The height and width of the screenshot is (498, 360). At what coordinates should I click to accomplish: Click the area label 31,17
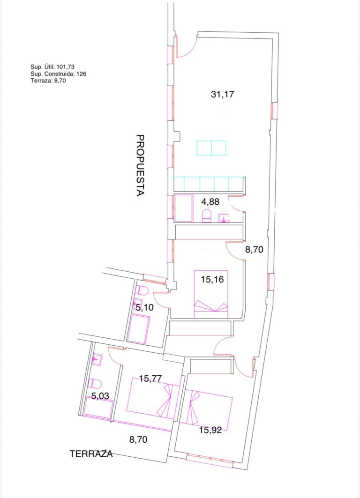(223, 94)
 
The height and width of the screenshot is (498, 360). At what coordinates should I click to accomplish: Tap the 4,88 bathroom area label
(210, 201)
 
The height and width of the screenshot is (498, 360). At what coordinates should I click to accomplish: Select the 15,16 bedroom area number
(212, 280)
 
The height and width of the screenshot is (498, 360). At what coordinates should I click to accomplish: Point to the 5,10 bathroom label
(144, 307)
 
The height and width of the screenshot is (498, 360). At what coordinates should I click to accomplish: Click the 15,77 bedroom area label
(150, 379)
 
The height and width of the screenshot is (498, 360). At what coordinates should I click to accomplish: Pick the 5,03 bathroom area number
(100, 396)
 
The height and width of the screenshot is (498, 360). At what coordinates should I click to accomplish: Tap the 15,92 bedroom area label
(210, 431)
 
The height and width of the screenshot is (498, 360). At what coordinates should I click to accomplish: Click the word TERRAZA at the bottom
(91, 454)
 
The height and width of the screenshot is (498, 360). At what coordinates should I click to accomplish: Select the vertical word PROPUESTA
(140, 165)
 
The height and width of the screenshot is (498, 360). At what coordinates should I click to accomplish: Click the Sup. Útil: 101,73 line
(52, 67)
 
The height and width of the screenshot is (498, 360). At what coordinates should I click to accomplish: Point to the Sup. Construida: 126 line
(59, 74)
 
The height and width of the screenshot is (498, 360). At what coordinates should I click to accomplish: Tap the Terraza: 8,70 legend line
(48, 81)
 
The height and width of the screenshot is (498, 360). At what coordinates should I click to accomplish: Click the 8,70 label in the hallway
(254, 250)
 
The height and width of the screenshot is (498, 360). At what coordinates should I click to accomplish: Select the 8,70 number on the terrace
(138, 440)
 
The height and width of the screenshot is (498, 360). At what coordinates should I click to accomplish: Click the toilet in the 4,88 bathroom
(207, 216)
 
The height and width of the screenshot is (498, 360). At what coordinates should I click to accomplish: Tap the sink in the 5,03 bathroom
(96, 360)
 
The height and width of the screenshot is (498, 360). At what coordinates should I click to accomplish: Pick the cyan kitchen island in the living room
(211, 148)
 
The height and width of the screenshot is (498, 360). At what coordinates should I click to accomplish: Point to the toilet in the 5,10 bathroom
(142, 290)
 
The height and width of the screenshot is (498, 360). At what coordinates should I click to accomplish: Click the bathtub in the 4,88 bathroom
(184, 208)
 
